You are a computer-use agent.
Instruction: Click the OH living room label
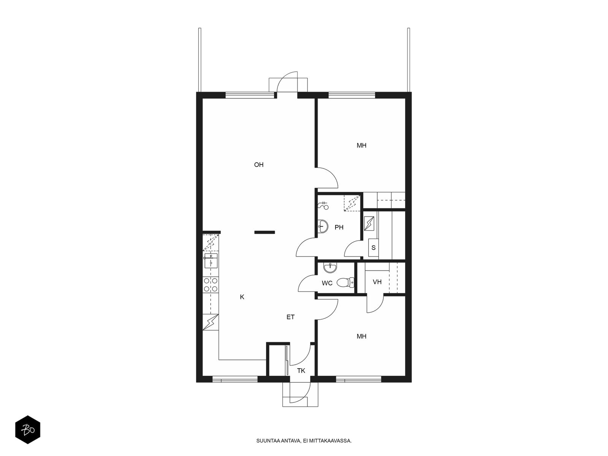click(x=258, y=165)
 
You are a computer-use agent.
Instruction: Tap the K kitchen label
click(x=242, y=297)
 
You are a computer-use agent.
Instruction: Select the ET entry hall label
click(x=290, y=317)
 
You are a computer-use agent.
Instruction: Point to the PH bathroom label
click(x=339, y=227)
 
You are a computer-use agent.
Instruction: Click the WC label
click(x=327, y=283)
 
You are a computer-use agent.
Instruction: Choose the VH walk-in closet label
click(x=377, y=282)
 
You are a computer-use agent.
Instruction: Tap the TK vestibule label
click(x=301, y=370)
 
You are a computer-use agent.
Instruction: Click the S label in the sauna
click(x=374, y=247)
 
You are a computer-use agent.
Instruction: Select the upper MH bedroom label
click(x=361, y=146)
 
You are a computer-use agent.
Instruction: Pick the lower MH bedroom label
click(x=361, y=336)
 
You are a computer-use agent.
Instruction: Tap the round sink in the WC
click(x=330, y=268)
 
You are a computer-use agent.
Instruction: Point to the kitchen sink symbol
click(x=211, y=261)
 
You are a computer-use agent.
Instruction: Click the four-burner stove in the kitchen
click(x=211, y=285)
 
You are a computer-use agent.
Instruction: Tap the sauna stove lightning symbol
click(x=369, y=223)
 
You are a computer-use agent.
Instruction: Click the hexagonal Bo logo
click(x=28, y=429)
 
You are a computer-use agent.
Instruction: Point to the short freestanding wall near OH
click(x=264, y=232)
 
